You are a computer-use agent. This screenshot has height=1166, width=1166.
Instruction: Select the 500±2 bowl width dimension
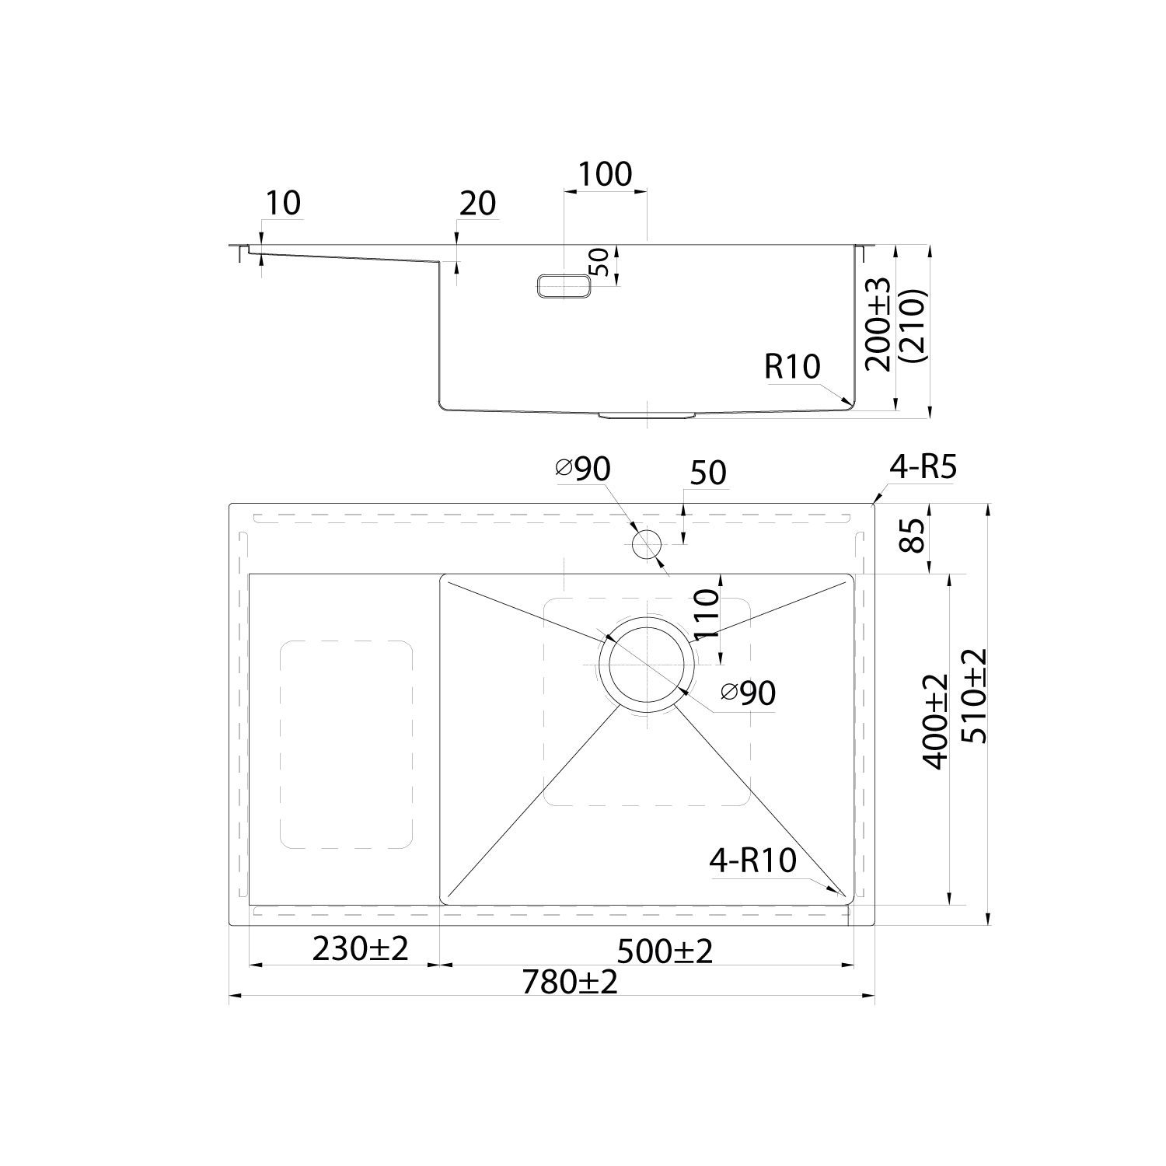(665, 951)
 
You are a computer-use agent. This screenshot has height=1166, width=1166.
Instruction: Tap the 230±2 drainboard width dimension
(360, 948)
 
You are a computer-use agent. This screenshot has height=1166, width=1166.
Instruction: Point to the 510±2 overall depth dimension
(975, 696)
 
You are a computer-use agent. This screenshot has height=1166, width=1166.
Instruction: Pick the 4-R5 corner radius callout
(924, 468)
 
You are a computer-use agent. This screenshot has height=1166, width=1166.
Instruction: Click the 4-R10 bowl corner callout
(752, 861)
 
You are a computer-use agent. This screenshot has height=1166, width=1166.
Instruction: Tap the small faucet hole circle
(646, 544)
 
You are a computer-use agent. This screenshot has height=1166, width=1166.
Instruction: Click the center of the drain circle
(645, 665)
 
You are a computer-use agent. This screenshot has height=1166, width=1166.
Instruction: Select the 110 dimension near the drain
(706, 614)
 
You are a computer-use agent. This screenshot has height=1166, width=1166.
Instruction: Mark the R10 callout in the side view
(792, 366)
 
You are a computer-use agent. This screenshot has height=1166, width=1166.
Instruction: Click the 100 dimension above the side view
(606, 174)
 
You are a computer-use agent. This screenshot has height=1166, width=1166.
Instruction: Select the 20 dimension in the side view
(477, 204)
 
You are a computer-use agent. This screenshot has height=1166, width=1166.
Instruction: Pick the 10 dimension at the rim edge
(282, 203)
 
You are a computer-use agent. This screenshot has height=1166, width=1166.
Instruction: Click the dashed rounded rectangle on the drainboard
(346, 744)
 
